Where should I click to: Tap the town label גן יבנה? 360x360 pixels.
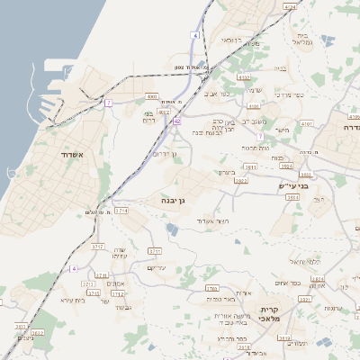point(175,200)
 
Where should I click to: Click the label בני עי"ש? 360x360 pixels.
point(293,186)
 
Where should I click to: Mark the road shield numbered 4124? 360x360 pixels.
point(289,6)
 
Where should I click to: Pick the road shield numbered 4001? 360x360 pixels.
point(151,95)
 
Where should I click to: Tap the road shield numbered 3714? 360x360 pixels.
point(121,210)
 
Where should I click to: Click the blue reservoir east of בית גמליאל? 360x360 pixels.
point(328,40)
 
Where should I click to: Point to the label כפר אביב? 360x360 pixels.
point(217,93)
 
